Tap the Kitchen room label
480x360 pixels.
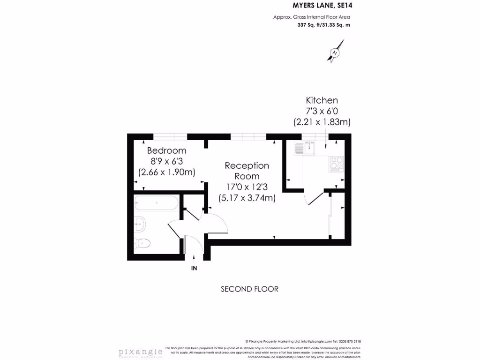pos(322,100)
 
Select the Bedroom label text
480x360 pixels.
pos(166,150)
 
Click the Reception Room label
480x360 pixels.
pos(247,171)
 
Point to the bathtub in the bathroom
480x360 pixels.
pos(156,204)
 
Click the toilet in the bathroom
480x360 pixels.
pos(142,243)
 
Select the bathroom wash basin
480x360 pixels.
pos(140,225)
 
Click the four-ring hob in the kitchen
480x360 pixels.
pos(337,162)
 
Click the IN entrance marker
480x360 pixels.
pos(194,268)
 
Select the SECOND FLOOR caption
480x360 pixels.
pos(249,289)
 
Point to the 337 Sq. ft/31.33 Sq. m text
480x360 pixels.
pos(324,25)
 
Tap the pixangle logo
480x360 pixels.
pos(140,352)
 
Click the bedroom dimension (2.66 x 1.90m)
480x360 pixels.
pos(166,172)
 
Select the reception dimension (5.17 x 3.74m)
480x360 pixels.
pos(247,197)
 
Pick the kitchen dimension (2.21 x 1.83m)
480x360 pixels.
pos(322,122)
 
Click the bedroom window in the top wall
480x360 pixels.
pos(170,137)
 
